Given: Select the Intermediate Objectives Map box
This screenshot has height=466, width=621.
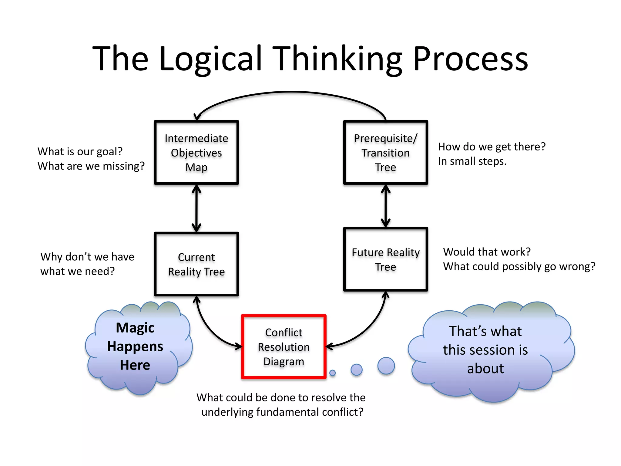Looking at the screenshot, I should click(196, 153).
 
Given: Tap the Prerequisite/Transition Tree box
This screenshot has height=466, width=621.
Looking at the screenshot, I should click(385, 153).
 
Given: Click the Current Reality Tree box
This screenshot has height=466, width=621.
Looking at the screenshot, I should click(196, 264).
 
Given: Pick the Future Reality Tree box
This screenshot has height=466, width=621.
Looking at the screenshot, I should click(385, 259).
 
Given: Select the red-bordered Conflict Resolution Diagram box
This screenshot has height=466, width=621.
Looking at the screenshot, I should click(284, 347).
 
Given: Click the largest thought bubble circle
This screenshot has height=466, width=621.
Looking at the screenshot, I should click(386, 366).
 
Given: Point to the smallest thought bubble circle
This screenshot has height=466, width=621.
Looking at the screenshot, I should click(333, 373).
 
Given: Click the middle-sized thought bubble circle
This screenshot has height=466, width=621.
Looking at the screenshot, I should click(356, 370).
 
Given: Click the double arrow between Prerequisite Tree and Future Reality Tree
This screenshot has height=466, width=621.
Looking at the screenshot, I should click(385, 206).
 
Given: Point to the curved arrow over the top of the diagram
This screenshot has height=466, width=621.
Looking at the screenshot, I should click(291, 92).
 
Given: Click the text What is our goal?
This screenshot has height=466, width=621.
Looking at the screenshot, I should click(80, 151).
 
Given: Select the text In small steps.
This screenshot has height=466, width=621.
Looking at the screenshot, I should click(472, 161).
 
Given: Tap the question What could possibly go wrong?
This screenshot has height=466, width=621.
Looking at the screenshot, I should click(519, 266).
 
